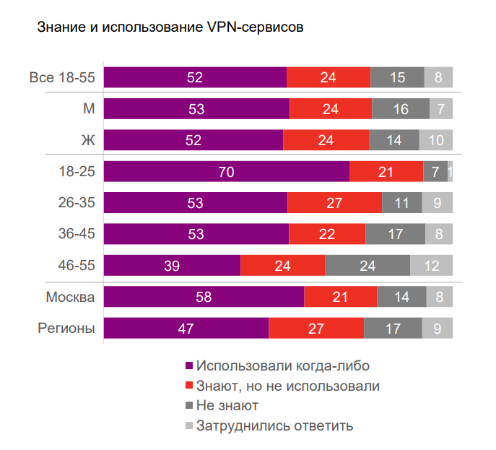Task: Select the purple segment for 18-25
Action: coord(226,172)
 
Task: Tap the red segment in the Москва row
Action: coord(340,297)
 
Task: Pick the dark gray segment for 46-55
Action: coord(367,266)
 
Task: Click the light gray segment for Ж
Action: coord(436,140)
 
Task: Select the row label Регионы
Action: coord(66,328)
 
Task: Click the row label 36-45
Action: coord(77,234)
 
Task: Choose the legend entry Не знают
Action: coord(227,405)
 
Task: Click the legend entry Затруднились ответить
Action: coord(274,425)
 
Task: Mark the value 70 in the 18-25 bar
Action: coord(226,172)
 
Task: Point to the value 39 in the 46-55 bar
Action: coord(172,266)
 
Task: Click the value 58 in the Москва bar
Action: coord(204,297)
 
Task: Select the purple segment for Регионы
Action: coord(186,328)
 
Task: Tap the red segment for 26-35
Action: coord(334,203)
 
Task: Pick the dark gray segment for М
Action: coord(401,109)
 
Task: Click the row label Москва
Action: coord(71,297)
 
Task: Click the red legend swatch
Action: coord(190,386)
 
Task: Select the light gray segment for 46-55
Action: coord(431,266)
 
